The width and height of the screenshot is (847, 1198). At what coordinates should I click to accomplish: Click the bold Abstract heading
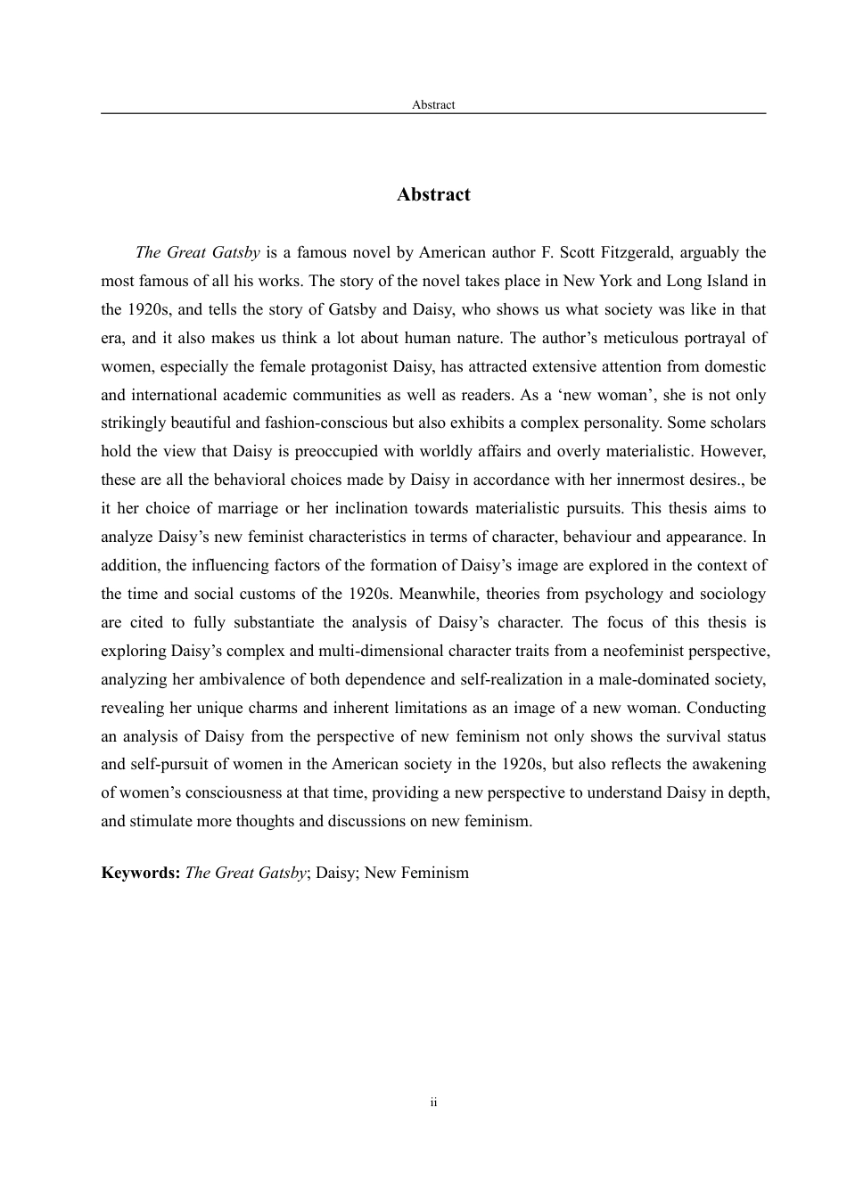(433, 195)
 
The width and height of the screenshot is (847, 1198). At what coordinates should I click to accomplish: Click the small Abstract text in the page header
(433, 105)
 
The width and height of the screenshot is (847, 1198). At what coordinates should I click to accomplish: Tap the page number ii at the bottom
(433, 1104)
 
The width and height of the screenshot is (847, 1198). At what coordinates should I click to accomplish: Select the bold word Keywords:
(141, 874)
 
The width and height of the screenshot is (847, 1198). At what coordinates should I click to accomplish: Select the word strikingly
(133, 423)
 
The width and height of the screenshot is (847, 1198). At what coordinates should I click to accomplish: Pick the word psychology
(613, 595)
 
